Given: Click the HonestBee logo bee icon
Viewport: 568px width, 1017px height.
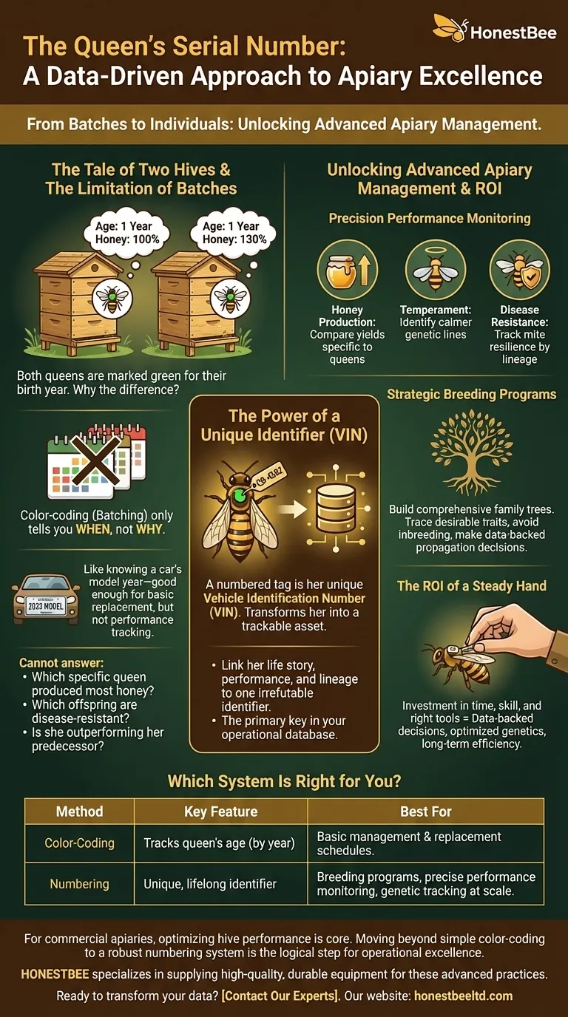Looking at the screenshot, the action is [x=450, y=27].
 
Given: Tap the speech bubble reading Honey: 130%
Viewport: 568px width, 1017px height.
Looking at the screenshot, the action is [x=234, y=233].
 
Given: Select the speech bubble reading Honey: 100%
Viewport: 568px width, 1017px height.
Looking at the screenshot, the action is [x=126, y=233].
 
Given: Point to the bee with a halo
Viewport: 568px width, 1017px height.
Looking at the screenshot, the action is [x=436, y=271].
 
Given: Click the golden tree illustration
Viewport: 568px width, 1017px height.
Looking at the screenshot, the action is [x=471, y=452].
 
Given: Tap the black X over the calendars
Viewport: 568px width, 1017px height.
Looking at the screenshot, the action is [x=96, y=460].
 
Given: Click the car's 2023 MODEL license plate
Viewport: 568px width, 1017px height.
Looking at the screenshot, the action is [x=46, y=606].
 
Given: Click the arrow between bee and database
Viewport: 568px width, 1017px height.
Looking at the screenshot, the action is [x=293, y=509].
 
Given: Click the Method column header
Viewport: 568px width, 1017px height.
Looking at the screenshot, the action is [x=80, y=812].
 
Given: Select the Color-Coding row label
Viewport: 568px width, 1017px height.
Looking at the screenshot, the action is [x=80, y=843].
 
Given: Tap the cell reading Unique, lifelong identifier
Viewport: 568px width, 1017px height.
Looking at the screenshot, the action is [x=210, y=884].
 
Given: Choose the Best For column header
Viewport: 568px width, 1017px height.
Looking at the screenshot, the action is [x=426, y=812].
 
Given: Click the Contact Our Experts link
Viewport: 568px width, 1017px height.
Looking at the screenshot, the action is [x=280, y=996].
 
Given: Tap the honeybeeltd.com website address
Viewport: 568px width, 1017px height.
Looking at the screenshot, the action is [x=464, y=996].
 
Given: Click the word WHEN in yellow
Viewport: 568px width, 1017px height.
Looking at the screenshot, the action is [x=93, y=529].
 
